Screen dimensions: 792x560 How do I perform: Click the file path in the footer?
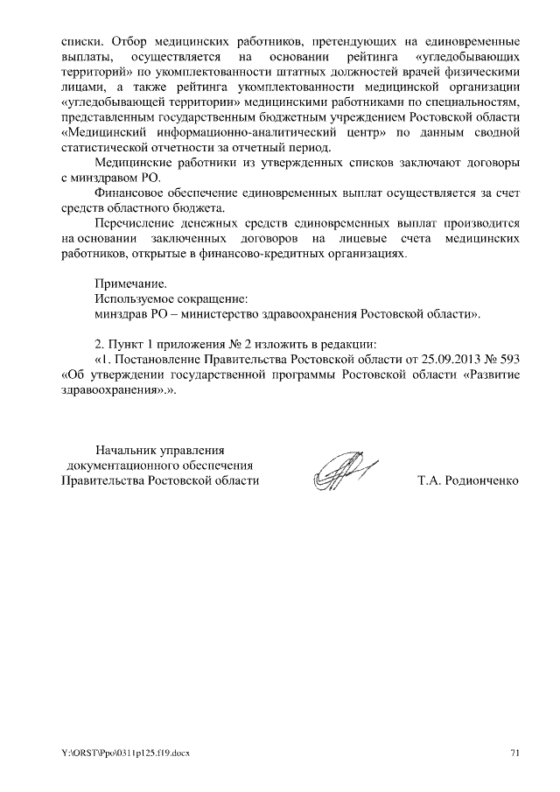[x=124, y=752]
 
